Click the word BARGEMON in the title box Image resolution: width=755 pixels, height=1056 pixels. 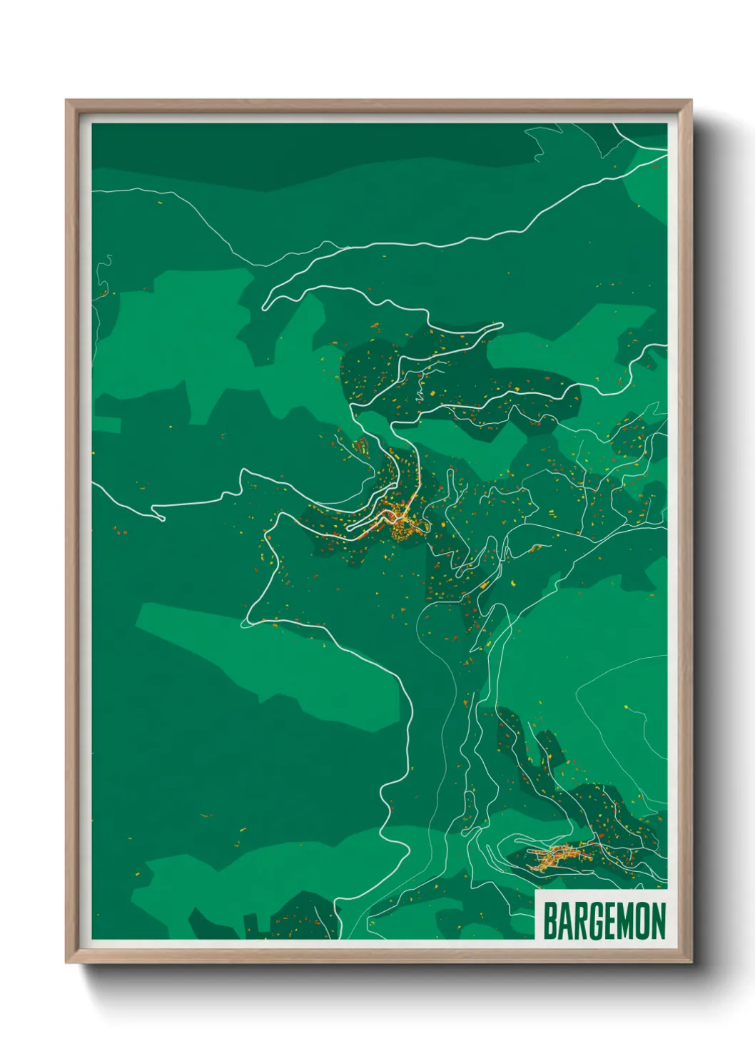tap(604, 921)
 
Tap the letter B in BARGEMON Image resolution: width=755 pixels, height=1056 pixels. tap(550, 921)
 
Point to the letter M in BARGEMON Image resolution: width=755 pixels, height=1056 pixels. tap(622, 921)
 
